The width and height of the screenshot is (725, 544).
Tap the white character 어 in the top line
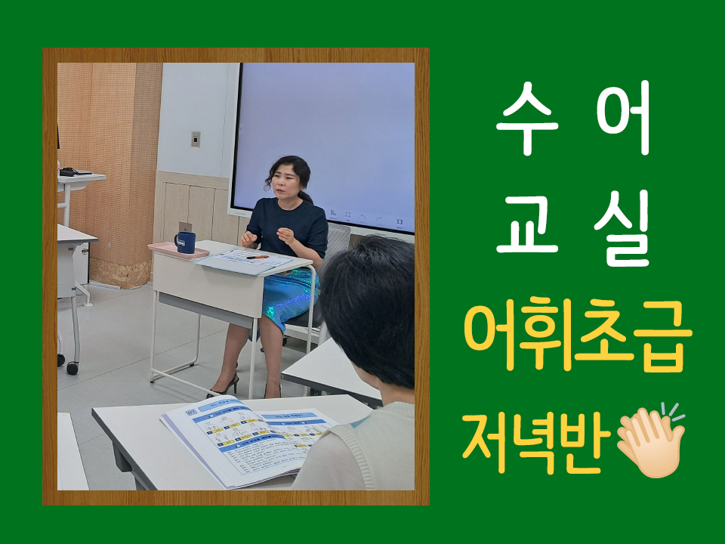point(623,117)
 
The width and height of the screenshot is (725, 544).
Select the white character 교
point(527,227)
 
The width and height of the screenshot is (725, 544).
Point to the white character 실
point(622,228)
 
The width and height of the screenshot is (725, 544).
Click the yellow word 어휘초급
point(578,335)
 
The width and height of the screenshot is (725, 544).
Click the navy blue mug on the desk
point(185,243)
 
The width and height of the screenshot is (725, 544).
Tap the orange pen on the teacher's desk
point(258,257)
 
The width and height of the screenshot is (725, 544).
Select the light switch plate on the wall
point(196,139)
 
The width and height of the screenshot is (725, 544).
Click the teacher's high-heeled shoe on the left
point(224,387)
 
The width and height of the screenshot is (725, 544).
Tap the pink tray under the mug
point(178,250)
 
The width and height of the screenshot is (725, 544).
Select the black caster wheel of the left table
point(72,368)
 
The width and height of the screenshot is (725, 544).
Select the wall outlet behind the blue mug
point(185,227)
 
